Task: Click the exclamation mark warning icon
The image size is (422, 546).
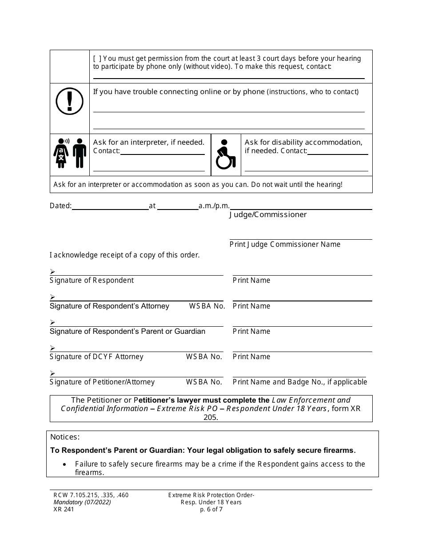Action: pos(69,101)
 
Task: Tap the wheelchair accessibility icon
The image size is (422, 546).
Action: pos(225,154)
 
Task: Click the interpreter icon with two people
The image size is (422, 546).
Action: pos(70,153)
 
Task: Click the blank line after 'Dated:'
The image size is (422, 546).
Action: pos(110,206)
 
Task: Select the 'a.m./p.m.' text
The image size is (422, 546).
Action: pos(214,206)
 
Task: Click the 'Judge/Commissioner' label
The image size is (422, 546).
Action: pos(268,215)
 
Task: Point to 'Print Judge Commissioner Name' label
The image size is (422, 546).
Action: pos(285,244)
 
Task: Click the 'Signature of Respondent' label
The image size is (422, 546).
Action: pos(92,281)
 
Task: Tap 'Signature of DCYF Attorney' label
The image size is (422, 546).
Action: pos(96,357)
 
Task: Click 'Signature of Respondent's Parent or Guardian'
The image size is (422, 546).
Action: pos(127,332)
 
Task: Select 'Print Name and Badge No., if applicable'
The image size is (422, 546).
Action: pos(300,382)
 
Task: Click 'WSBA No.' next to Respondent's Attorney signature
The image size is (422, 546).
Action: pos(207,306)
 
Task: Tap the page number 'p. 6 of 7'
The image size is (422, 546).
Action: pos(211,510)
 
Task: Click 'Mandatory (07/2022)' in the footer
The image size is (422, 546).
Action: pos(80,502)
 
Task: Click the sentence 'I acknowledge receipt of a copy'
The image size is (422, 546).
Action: pos(124,255)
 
